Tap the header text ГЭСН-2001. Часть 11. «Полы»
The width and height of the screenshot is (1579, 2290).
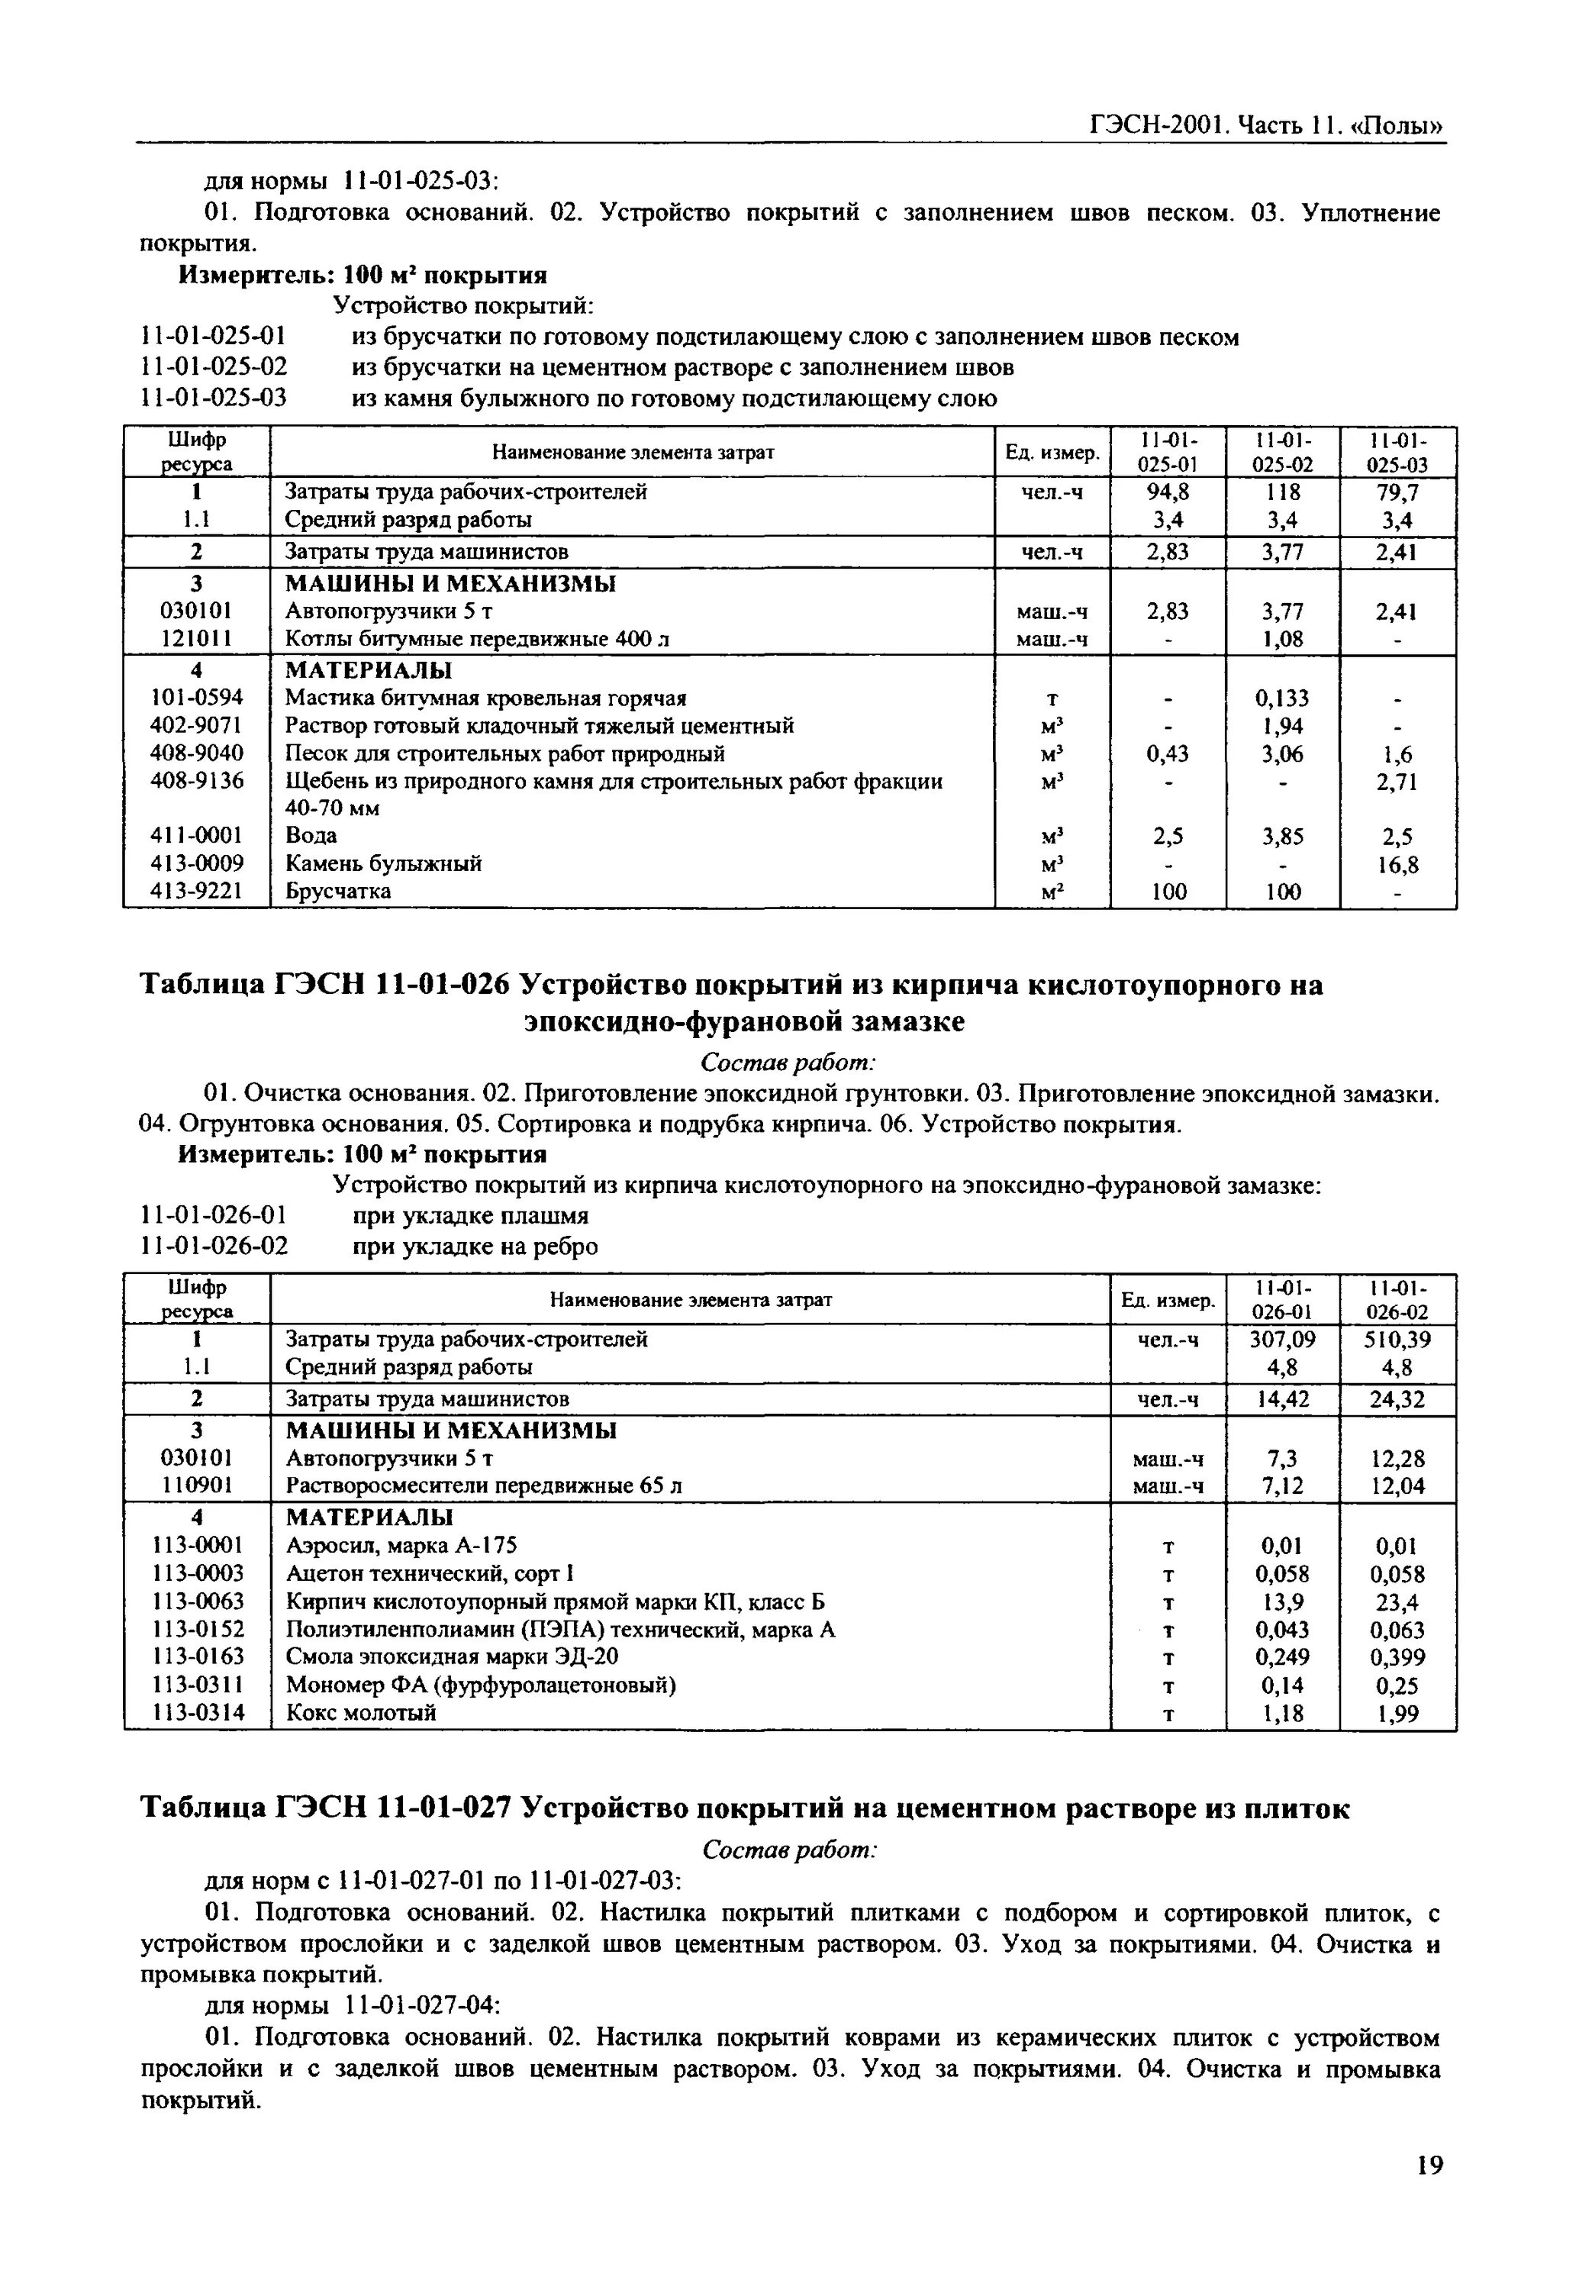tap(1266, 127)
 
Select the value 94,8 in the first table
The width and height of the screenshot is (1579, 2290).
tap(1168, 492)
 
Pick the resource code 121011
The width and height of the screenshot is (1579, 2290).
tap(196, 640)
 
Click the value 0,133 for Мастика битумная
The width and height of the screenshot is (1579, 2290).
tap(1282, 698)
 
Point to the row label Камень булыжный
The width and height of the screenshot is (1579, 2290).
tap(384, 864)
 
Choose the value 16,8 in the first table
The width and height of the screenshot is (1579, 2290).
tap(1398, 865)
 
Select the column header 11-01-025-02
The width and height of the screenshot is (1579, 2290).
tap(1282, 452)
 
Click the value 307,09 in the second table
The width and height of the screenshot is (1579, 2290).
tap(1282, 1339)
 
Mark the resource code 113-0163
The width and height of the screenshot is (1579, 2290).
tap(196, 1656)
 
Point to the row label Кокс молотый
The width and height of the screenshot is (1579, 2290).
tap(361, 1712)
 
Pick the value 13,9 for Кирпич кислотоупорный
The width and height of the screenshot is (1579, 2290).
tap(1282, 1602)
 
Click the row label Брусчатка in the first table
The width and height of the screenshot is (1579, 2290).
tap(338, 892)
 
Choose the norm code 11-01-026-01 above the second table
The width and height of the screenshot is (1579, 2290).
tap(214, 1215)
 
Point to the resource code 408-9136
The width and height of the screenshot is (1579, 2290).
tap(196, 782)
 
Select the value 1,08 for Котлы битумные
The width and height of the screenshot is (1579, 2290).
tap(1282, 640)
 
